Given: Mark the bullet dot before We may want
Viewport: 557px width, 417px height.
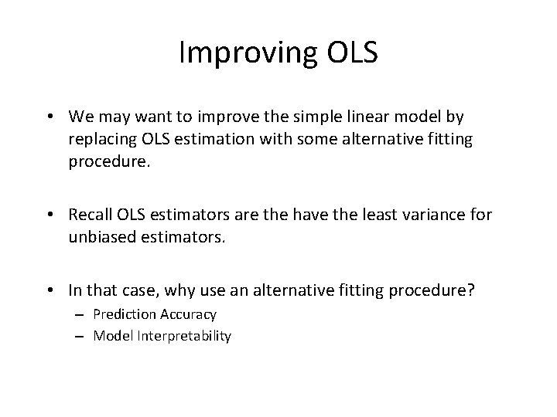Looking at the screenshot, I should [49, 117].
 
